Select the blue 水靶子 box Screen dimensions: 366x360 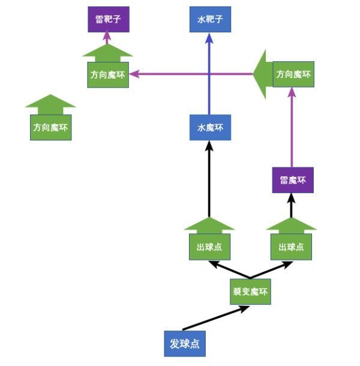click(210, 20)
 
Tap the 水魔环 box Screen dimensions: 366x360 click(210, 127)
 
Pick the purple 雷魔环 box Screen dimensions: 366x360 click(293, 180)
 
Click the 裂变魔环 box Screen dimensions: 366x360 click(250, 293)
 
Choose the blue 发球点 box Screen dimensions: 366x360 click(184, 344)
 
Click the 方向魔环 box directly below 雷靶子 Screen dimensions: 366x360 click(108, 74)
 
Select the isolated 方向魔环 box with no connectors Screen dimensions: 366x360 click(51, 127)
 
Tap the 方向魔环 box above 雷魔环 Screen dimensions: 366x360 click(293, 74)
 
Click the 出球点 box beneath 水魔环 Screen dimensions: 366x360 click(209, 247)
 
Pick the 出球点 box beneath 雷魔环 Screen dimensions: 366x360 click(291, 247)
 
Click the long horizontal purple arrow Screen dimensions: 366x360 click(192, 74)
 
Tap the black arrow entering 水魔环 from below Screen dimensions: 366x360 click(209, 180)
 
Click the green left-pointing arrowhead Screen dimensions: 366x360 click(263, 74)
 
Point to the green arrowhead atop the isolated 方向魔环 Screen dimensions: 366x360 click(51, 103)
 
